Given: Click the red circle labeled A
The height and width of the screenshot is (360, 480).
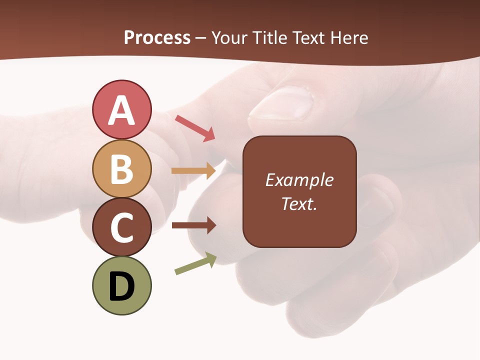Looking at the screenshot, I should [121, 109].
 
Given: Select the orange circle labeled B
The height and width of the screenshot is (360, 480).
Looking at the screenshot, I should [121, 168].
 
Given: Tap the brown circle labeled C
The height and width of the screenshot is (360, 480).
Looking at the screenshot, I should [121, 227].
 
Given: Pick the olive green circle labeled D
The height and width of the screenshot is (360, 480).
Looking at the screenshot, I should [121, 286].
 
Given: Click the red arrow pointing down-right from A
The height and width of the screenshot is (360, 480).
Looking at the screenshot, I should [195, 127].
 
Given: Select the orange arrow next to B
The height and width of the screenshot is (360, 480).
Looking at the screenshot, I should [193, 171].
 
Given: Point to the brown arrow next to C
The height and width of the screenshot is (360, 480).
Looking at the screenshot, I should [193, 225].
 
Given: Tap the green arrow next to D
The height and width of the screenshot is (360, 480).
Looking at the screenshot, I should [195, 264].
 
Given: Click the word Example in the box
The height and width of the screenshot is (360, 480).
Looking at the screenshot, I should [299, 180].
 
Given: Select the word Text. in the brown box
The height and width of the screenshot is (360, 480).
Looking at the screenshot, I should [299, 204].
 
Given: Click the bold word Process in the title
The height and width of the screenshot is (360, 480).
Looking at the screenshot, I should [157, 38].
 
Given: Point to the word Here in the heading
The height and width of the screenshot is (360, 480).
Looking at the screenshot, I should [349, 38].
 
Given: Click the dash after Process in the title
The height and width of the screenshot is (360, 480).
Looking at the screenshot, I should [201, 38].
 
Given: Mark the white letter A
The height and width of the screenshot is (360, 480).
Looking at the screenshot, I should [121, 110].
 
